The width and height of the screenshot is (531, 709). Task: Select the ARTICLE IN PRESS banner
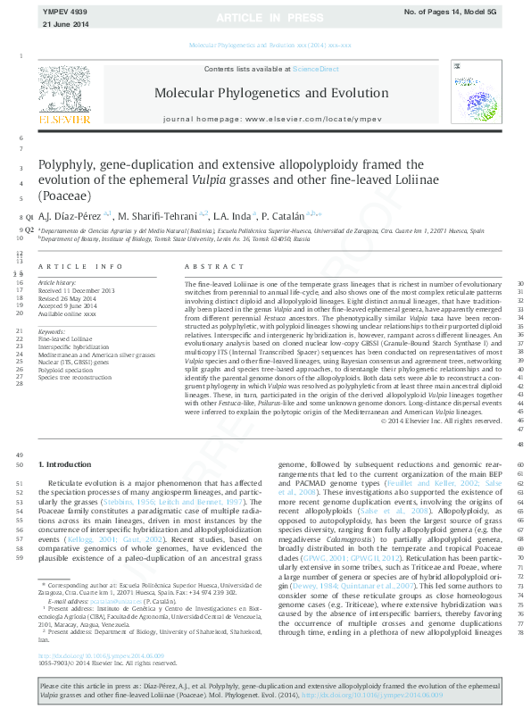point(265,18)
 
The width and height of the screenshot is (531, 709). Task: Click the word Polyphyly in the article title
point(67,165)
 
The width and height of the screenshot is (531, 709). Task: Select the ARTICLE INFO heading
point(79,267)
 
